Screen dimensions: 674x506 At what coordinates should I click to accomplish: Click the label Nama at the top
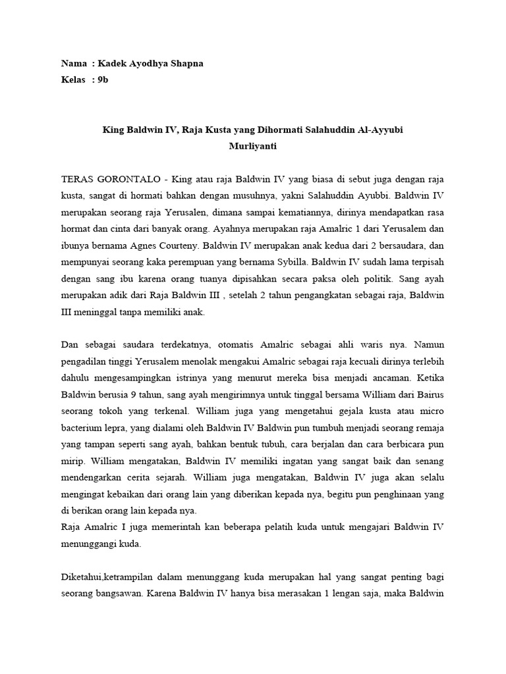tap(74, 64)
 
